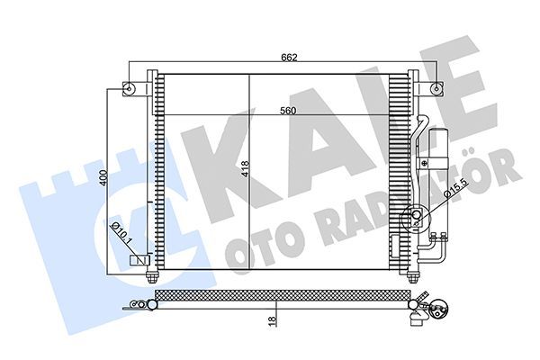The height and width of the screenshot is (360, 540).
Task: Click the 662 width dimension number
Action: tap(288, 58)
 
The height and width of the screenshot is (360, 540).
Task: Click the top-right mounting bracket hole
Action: tap(436, 88)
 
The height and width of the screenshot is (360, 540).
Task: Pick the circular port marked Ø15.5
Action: tap(416, 216)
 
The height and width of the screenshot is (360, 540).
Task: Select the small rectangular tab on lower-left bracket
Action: tap(141, 260)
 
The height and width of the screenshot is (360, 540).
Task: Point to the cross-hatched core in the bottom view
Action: tap(279, 293)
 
